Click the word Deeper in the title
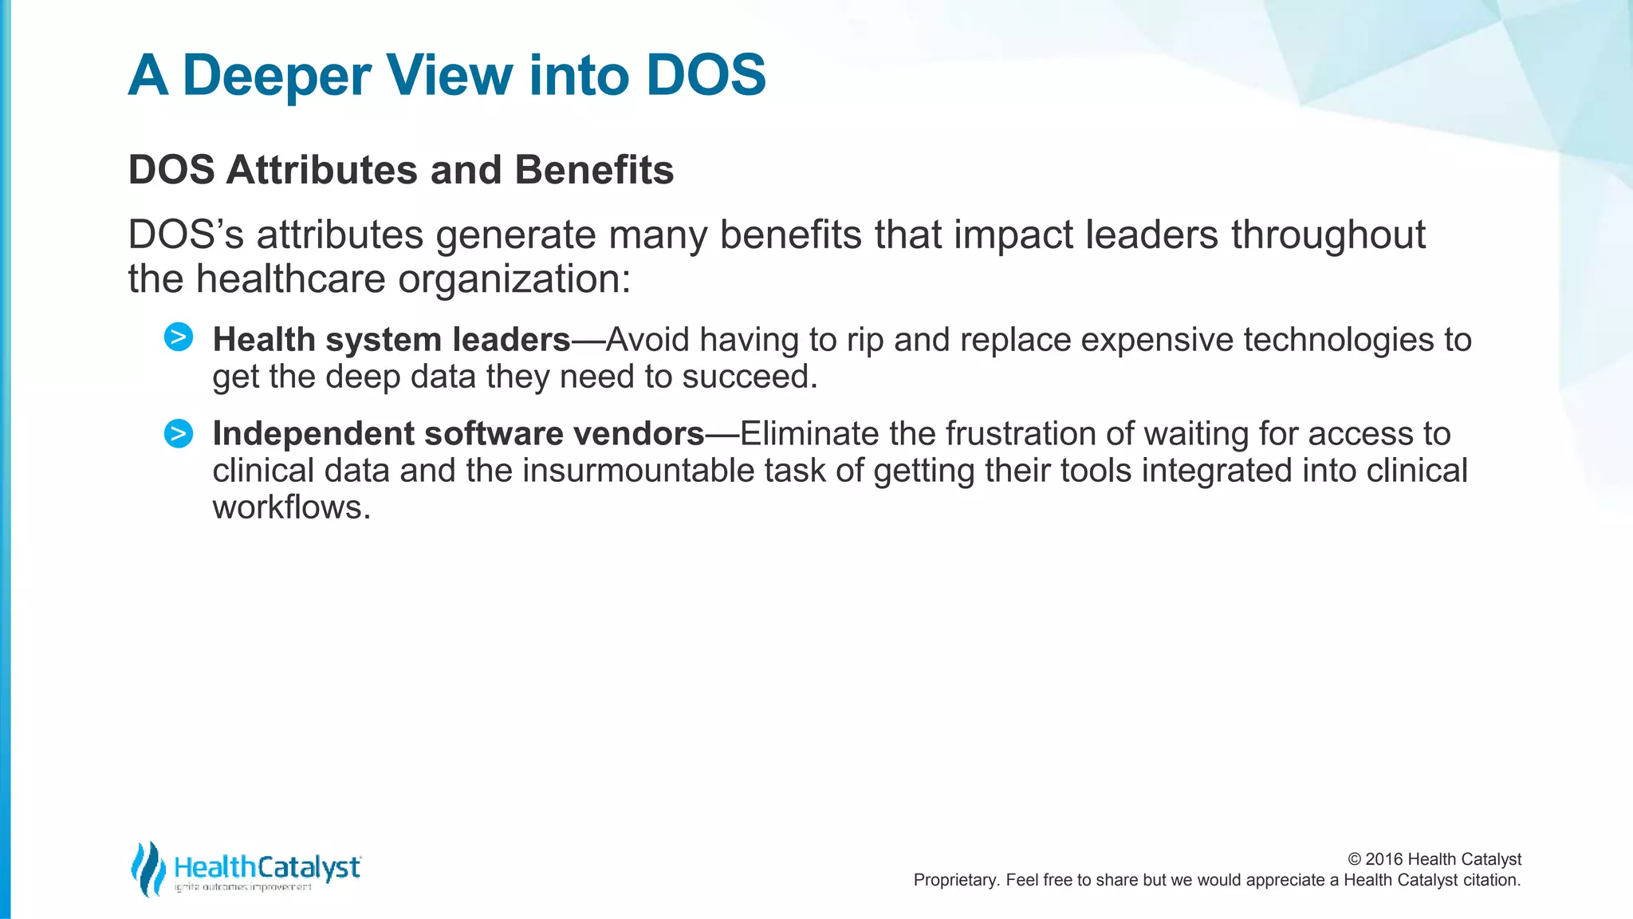(x=277, y=76)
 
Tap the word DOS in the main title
(x=706, y=76)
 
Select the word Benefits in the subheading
(x=594, y=170)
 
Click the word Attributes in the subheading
(x=321, y=170)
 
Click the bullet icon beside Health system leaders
(x=179, y=337)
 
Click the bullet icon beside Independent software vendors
(x=179, y=434)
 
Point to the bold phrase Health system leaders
(x=392, y=340)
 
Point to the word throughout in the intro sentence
(x=1328, y=235)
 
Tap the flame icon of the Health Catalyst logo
(x=148, y=869)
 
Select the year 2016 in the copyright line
(x=1384, y=859)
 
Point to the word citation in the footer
(x=1491, y=880)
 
